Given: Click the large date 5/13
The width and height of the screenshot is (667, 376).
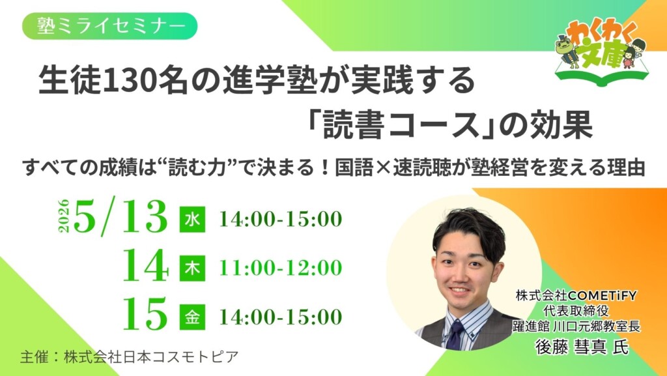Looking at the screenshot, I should pyautogui.click(x=121, y=217).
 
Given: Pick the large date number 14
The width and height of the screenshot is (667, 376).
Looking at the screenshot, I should pyautogui.click(x=147, y=267).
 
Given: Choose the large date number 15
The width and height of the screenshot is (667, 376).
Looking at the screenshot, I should pyautogui.click(x=147, y=315).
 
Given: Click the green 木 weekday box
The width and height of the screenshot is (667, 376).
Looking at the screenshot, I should pyautogui.click(x=193, y=268).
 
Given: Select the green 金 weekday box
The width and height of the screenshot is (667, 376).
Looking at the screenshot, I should pyautogui.click(x=193, y=317).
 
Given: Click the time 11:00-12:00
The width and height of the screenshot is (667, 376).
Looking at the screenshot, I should pyautogui.click(x=281, y=268).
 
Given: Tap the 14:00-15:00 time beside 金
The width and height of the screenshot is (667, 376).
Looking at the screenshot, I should pyautogui.click(x=281, y=317).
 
